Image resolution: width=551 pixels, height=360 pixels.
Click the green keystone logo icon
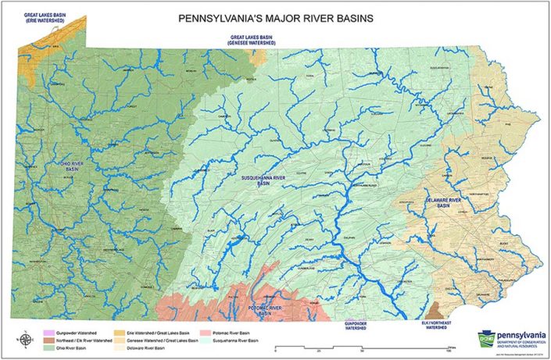point(485,337)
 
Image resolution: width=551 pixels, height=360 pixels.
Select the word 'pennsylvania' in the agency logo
point(518,332)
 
